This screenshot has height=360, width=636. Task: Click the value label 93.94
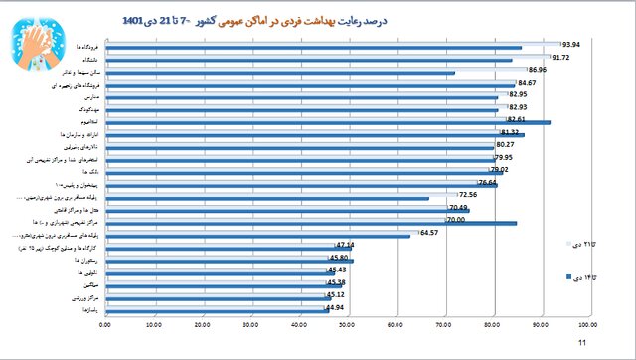[570, 45]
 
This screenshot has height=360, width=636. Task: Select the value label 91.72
[560, 58]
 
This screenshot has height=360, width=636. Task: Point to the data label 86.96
[537, 70]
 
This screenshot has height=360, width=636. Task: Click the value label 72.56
[467, 195]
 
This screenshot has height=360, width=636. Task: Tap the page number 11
[582, 344]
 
